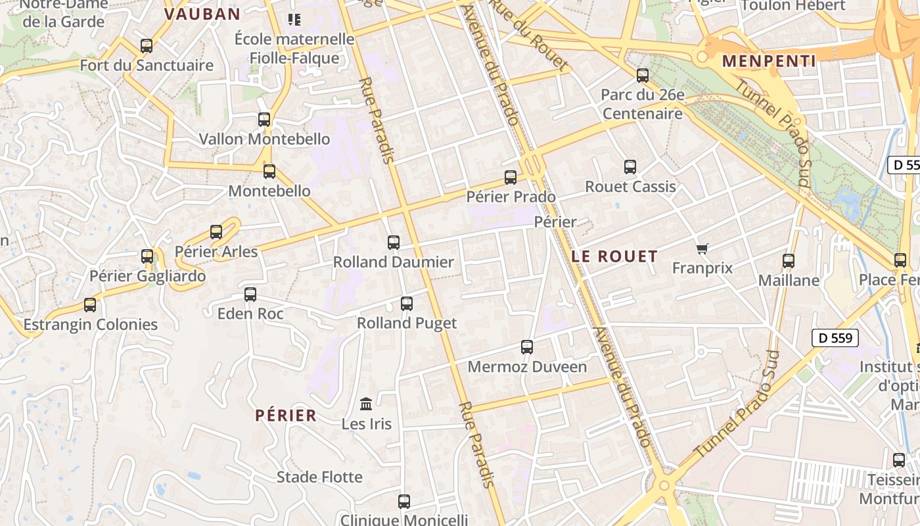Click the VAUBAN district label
(x=202, y=14)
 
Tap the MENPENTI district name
(x=769, y=61)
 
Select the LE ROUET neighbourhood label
(x=614, y=256)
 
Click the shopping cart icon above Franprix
(x=702, y=249)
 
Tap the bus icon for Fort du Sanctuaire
(x=147, y=46)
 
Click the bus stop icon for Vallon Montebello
(x=264, y=120)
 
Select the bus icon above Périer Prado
(x=511, y=177)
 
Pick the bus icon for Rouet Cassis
(x=630, y=167)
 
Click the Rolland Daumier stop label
(x=393, y=262)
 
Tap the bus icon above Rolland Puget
(x=407, y=304)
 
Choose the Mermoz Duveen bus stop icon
(x=527, y=347)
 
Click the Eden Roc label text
(x=250, y=314)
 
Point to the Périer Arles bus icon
(x=216, y=232)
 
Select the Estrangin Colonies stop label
(x=91, y=325)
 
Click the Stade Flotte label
(x=319, y=477)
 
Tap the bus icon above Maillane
(x=789, y=261)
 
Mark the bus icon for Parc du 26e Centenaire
(x=643, y=76)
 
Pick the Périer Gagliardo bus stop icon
(x=147, y=256)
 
